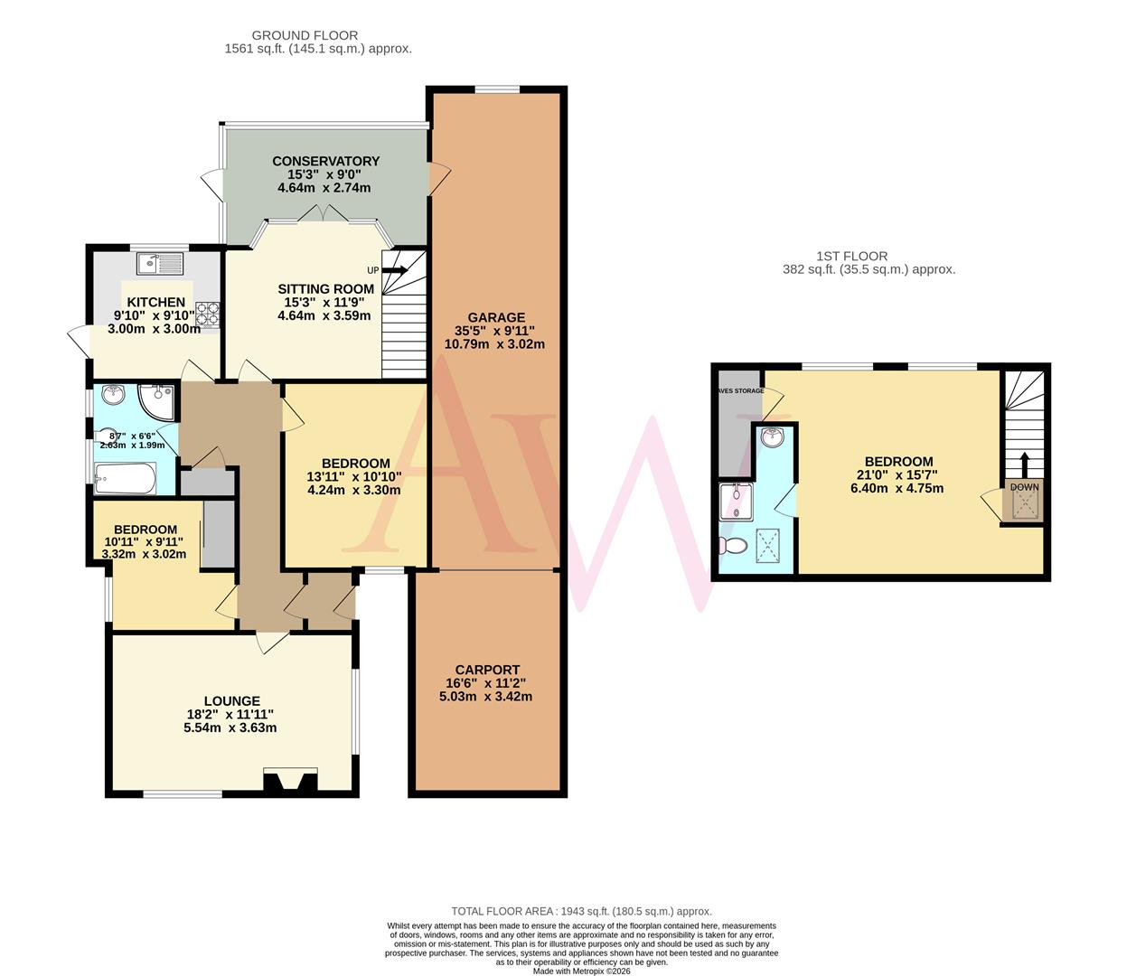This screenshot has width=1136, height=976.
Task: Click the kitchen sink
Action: click(x=159, y=264)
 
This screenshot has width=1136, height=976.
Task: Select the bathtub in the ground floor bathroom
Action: click(x=126, y=478)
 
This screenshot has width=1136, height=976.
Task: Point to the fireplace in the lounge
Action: click(x=290, y=781)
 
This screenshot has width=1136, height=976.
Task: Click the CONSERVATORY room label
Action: click(x=326, y=161)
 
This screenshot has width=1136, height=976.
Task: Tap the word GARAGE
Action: click(x=496, y=317)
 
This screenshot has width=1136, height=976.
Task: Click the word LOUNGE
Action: click(x=231, y=700)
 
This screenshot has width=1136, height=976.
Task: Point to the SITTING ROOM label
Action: click(x=325, y=289)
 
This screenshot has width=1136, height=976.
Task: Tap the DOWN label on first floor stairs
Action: click(x=1024, y=487)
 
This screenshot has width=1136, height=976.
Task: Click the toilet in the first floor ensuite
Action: click(x=732, y=546)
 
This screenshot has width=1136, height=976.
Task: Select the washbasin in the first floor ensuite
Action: click(x=772, y=438)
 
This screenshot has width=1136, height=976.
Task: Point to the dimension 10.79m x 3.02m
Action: click(x=494, y=343)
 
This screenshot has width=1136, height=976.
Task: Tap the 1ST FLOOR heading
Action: click(x=851, y=256)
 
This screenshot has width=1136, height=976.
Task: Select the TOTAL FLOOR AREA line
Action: click(x=581, y=911)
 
